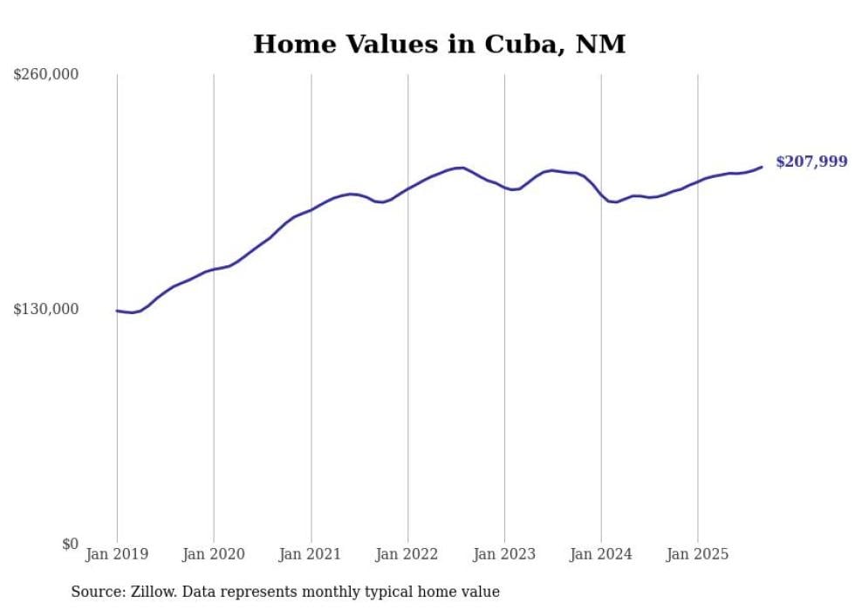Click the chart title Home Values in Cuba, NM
coord(439,44)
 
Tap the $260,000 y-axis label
coord(46,74)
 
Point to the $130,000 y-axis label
coord(46,309)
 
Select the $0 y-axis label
coord(70,544)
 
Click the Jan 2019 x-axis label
coord(117,554)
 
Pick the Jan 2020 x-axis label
coord(214,554)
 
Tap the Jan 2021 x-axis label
coord(311,554)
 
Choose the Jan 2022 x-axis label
coord(407,554)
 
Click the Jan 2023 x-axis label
coord(504,554)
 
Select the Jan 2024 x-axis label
coord(601,554)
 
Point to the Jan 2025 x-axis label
coord(697,554)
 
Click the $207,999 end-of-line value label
coord(811,161)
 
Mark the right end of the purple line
coord(762,167)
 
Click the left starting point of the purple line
coord(117,311)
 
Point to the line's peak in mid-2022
coord(461,168)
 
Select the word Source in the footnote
coord(96,592)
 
